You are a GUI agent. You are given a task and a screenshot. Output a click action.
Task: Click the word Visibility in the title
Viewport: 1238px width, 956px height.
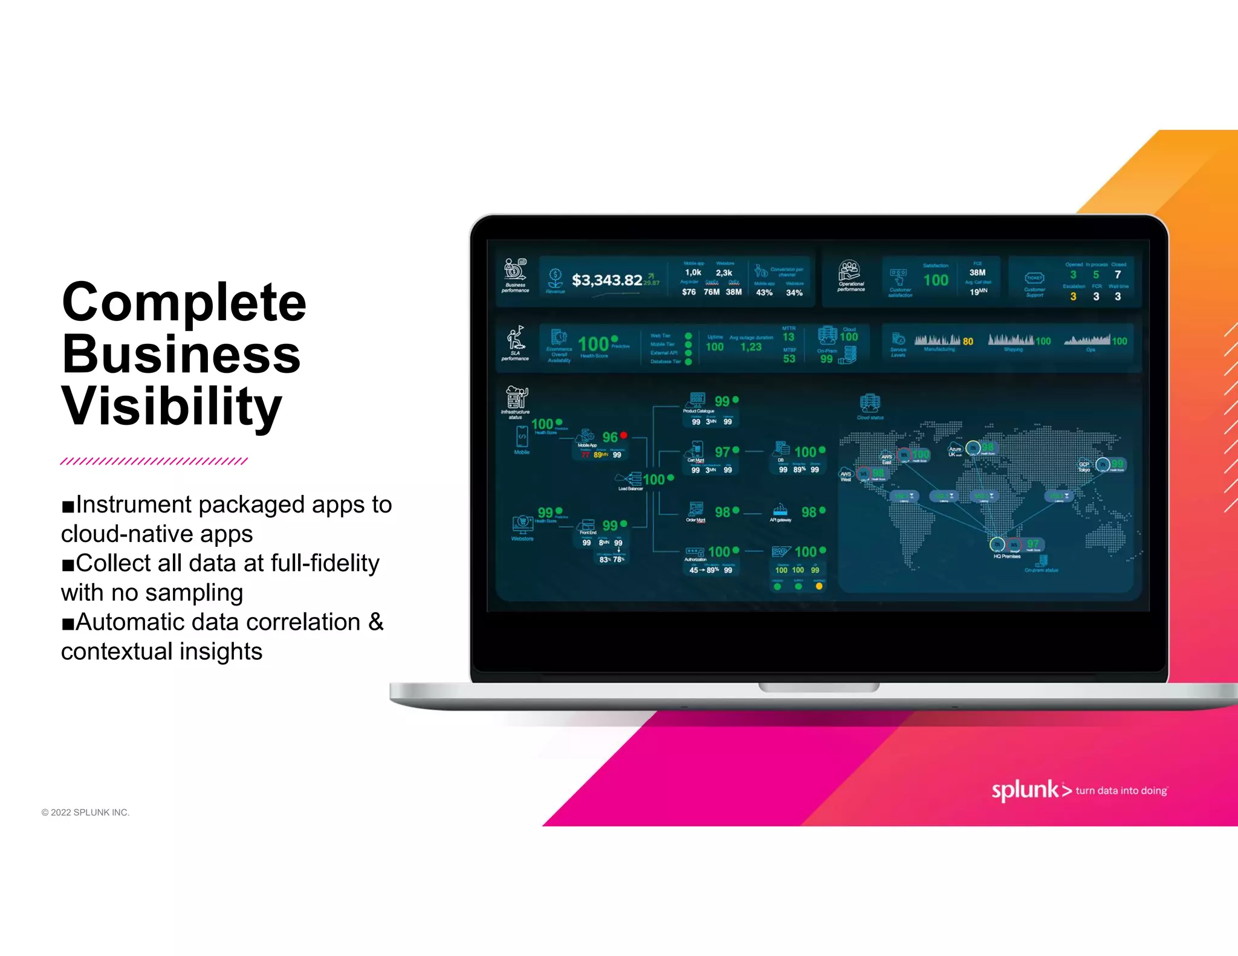coord(172,406)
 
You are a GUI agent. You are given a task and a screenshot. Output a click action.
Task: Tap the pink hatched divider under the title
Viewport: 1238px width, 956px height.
coord(154,461)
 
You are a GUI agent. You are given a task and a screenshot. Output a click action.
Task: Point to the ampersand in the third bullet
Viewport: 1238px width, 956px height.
coord(375,622)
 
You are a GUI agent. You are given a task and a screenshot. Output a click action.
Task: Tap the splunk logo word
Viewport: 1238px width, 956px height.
coord(1024,790)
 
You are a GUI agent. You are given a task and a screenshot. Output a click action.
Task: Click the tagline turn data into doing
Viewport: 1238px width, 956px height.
coord(1121,790)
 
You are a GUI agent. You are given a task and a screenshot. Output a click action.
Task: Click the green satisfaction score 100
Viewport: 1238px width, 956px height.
coord(935,280)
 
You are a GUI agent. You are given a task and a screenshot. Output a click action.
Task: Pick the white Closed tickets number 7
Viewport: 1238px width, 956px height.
coord(1118,275)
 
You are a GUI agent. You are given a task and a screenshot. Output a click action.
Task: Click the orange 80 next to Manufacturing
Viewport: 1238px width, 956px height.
coord(968,341)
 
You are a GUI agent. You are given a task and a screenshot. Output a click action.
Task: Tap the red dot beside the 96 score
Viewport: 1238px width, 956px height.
coord(623,435)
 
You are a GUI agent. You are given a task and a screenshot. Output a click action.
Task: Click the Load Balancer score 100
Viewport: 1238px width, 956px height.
coord(653,480)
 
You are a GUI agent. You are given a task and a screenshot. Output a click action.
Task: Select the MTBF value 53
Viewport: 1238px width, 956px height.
coord(789,359)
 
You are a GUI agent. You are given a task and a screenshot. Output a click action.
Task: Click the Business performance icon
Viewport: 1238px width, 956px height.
coord(515,270)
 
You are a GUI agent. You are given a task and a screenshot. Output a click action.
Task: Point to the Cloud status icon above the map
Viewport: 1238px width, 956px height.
coord(869,403)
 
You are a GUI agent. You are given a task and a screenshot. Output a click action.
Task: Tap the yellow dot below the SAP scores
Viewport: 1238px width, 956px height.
coord(818,586)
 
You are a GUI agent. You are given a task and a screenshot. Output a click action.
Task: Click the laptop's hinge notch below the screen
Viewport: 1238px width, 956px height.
coord(818,688)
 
